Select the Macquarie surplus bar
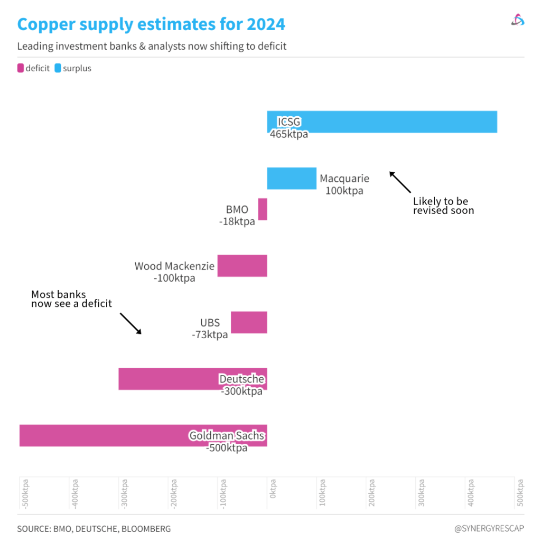292,178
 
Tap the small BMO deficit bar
263,209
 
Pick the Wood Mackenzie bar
242,266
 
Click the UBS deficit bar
249,322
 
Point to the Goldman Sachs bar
106,435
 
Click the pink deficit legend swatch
21,68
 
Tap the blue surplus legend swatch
58,68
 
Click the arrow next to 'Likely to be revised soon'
400,182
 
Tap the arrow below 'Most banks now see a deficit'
130,323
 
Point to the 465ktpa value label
289,134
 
